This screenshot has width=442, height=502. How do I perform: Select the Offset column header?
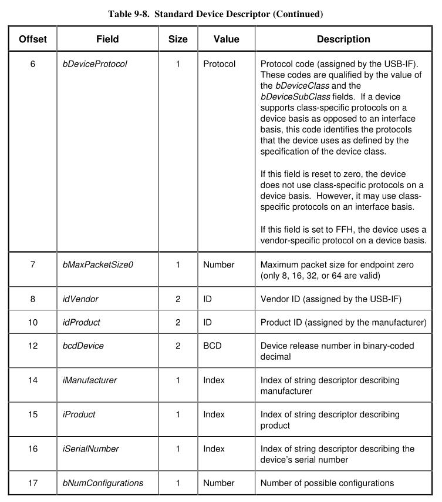(33, 39)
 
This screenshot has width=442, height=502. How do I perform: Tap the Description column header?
(343, 39)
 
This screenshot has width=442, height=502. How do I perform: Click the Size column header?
(178, 39)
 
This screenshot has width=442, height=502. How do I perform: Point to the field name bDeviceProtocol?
(95, 63)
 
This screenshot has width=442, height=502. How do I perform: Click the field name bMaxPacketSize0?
(98, 265)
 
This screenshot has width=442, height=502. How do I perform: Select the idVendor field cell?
(80, 299)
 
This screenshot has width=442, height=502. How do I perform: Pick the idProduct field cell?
(82, 322)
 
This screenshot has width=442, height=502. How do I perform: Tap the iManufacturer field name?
(89, 380)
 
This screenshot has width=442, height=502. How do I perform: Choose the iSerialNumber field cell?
(90, 449)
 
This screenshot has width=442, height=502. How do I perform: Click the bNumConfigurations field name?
(103, 483)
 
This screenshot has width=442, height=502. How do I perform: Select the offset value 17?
(33, 483)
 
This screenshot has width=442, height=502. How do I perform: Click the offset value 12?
(33, 346)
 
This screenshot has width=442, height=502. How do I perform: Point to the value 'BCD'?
(212, 346)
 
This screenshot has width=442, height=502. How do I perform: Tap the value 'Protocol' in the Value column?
(219, 63)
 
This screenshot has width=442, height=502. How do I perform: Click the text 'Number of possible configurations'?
(327, 483)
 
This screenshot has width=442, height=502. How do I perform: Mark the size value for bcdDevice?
(178, 346)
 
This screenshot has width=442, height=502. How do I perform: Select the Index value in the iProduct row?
(214, 414)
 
